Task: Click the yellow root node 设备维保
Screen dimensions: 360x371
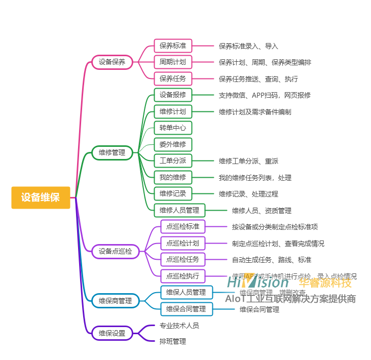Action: coord(41,197)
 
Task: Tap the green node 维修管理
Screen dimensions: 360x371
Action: coord(112,152)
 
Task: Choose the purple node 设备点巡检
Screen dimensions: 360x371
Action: coord(115,251)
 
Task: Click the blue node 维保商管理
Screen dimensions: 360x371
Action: coord(115,301)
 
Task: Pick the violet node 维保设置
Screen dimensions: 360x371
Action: coord(112,333)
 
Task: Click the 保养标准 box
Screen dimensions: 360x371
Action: coord(173,46)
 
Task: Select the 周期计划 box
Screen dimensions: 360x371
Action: coord(173,62)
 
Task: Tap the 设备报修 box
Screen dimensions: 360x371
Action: coord(173,95)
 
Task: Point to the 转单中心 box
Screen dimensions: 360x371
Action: coord(173,128)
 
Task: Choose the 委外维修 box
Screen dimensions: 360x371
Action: coord(173,144)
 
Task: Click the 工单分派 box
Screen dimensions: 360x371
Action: coord(173,161)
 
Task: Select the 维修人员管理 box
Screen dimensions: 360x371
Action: coord(179,210)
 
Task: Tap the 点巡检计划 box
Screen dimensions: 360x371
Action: coord(182,243)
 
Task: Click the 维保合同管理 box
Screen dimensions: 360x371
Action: coord(186,309)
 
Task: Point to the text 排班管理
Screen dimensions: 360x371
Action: coord(173,342)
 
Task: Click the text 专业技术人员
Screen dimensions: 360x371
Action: coord(179,326)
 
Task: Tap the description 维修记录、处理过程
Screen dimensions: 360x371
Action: coord(248,194)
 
